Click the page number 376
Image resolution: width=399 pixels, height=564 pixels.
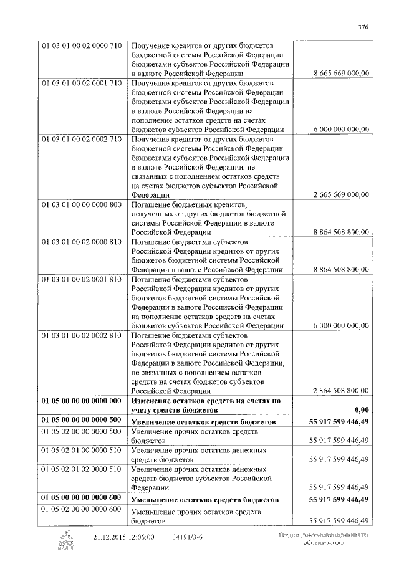363,26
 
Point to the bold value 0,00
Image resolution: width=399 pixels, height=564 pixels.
359,411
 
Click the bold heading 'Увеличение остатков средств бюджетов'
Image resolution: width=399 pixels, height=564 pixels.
202,423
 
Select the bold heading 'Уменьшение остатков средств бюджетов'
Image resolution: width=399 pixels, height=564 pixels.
203,500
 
